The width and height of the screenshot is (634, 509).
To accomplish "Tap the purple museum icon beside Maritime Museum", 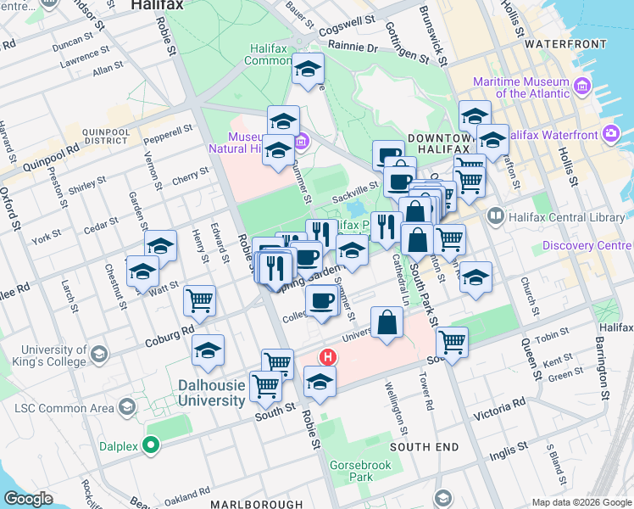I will (x=582, y=87).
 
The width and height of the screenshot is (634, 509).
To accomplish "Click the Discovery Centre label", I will (x=585, y=246).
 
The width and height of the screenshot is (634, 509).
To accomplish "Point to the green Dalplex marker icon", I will (x=152, y=445).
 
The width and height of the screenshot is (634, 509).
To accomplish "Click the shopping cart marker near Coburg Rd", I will (x=199, y=299).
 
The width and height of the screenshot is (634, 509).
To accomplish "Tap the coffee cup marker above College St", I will (x=320, y=300).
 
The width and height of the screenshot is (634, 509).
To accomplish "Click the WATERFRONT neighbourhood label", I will (x=565, y=42).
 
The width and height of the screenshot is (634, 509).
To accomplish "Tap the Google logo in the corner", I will (x=28, y=498).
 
